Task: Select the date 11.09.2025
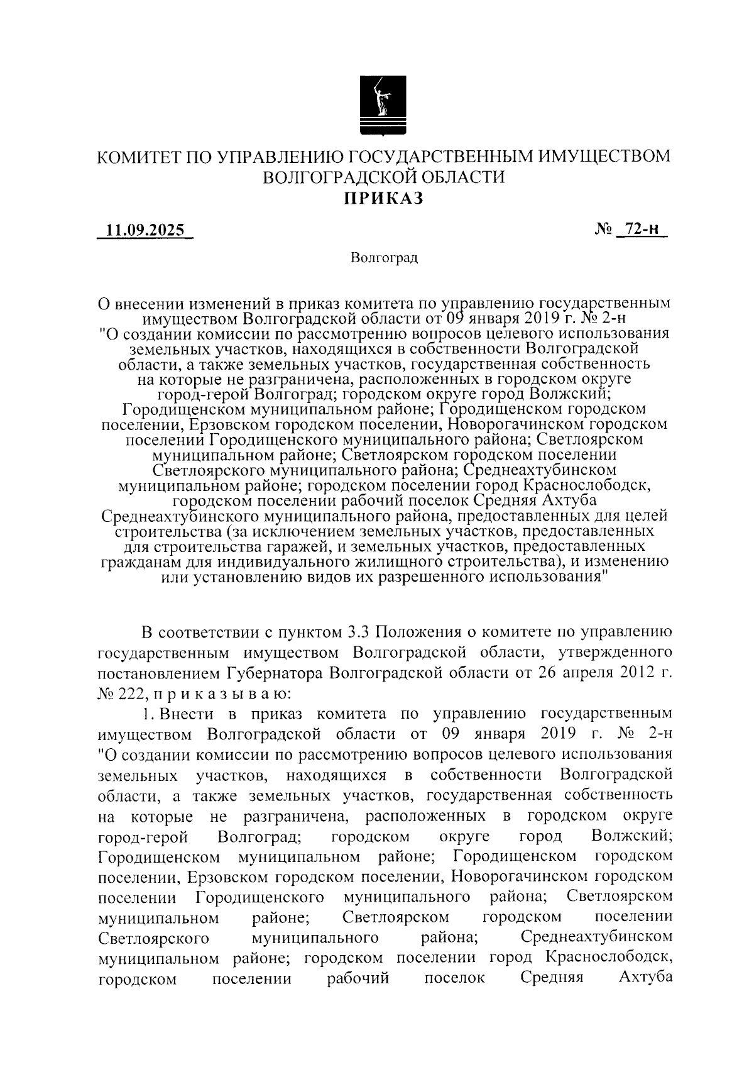pos(145,230)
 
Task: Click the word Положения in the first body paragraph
pos(418,631)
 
